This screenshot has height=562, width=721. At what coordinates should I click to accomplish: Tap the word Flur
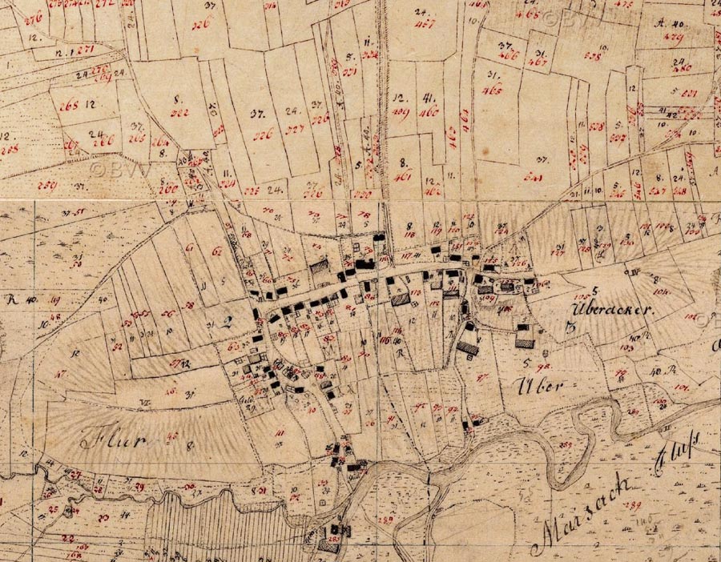pyautogui.click(x=101, y=441)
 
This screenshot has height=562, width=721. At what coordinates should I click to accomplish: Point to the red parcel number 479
pyautogui.click(x=675, y=37)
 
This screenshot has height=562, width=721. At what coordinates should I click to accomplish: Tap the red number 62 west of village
pyautogui.click(x=215, y=251)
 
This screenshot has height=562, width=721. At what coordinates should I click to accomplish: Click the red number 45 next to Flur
pyautogui.click(x=174, y=436)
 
